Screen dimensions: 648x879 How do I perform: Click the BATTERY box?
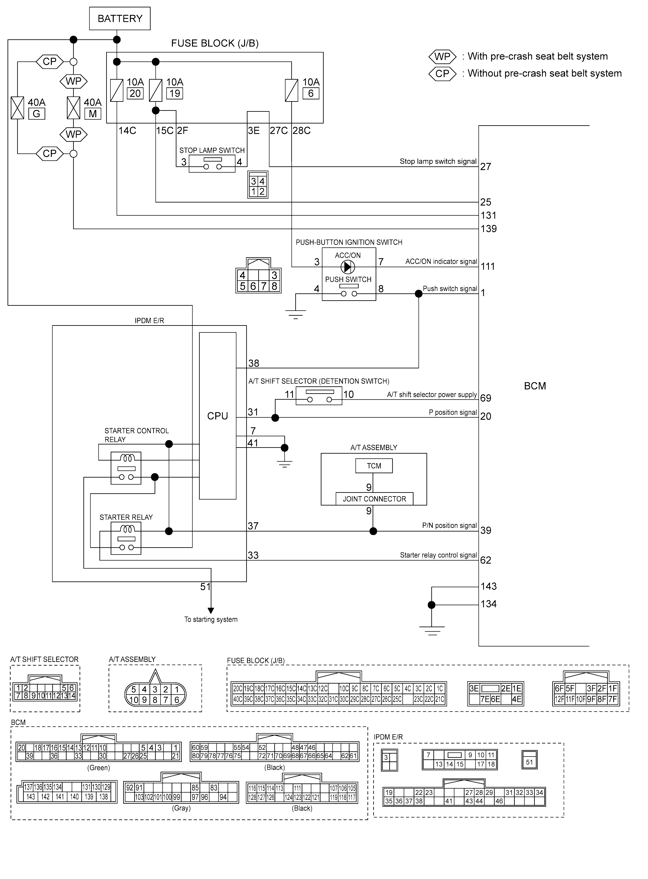120,18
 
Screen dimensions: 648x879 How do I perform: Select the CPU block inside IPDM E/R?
218,416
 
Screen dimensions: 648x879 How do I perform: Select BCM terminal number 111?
488,267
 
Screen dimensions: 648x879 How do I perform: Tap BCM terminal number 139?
489,229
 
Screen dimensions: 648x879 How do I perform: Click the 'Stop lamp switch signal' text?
438,161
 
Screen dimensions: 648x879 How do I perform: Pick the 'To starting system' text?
211,620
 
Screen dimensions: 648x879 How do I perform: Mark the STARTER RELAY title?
126,517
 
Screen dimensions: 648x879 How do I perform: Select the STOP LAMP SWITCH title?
212,150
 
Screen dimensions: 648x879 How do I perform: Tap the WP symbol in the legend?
443,57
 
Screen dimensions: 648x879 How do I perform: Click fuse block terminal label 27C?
279,131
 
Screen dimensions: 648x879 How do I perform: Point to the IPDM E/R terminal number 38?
254,363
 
